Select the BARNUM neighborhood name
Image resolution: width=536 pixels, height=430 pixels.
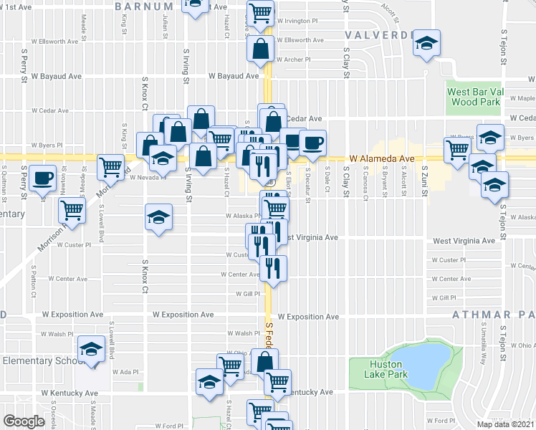tap(138, 5)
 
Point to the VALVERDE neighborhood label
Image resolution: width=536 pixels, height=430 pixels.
tap(376, 34)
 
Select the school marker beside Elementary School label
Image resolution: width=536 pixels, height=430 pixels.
tap(91, 349)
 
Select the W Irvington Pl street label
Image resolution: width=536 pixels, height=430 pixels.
tap(296, 21)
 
